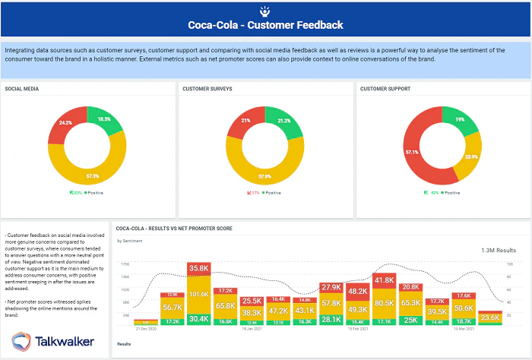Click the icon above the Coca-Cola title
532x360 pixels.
coord(265,10)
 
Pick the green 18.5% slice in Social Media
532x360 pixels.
coord(104,120)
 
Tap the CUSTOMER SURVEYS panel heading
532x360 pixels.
coord(207,89)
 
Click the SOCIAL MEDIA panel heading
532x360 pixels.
coord(22,89)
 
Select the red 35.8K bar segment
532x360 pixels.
coord(199,269)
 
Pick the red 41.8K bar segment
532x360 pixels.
coord(384,280)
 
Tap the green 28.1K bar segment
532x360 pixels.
coord(331,319)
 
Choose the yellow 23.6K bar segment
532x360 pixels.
coord(490,317)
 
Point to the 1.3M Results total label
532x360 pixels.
coord(499,249)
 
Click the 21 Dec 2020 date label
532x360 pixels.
coord(147,328)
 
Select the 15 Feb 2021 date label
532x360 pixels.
coord(357,328)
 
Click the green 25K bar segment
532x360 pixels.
coord(410,320)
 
